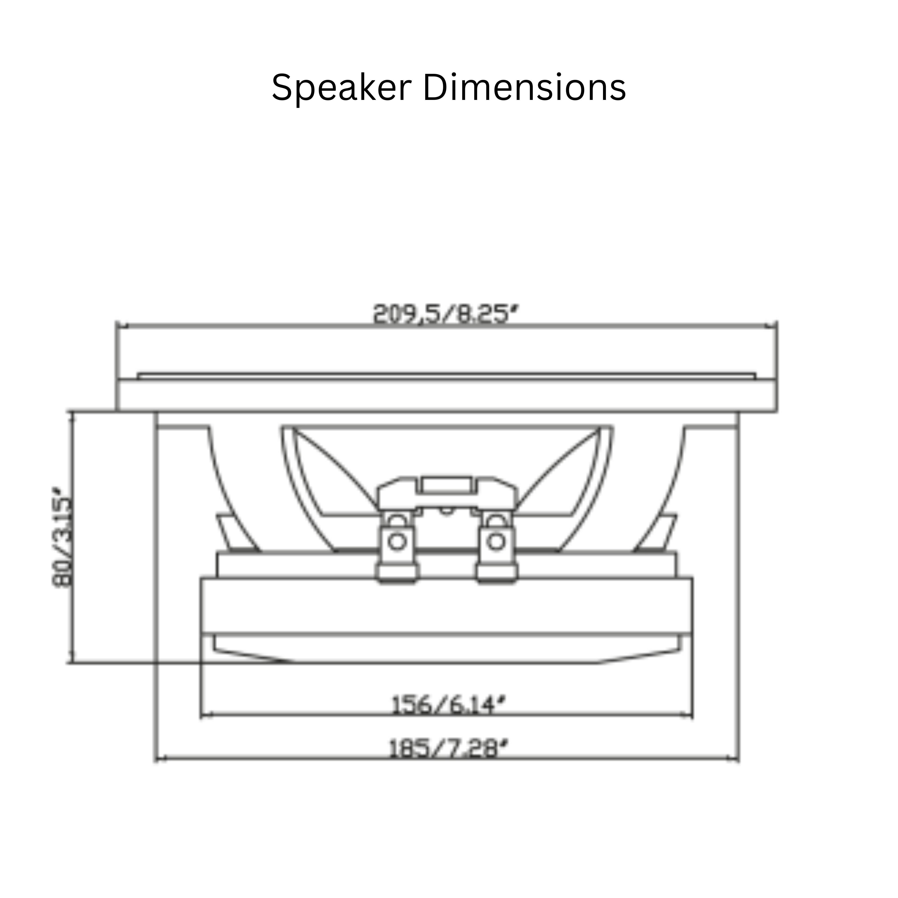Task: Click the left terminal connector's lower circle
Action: click(396, 541)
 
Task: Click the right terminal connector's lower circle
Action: click(496, 541)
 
